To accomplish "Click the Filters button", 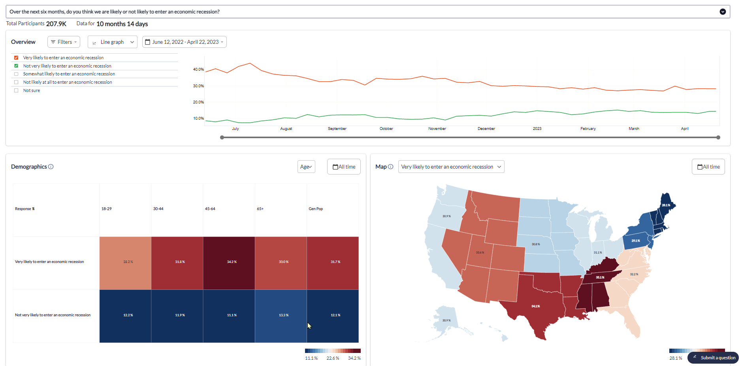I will pyautogui.click(x=64, y=42).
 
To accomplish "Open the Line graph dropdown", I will pyautogui.click(x=113, y=42).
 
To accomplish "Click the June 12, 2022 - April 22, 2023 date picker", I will pyautogui.click(x=185, y=42).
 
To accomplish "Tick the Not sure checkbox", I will pyautogui.click(x=16, y=90).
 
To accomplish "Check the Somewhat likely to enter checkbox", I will pyautogui.click(x=16, y=74).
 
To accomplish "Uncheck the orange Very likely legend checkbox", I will pyautogui.click(x=16, y=58).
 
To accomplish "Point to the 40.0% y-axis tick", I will pyautogui.click(x=198, y=69).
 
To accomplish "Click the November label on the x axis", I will pyautogui.click(x=437, y=129).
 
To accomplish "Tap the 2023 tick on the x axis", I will pyautogui.click(x=537, y=129).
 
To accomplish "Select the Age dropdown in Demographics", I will pyautogui.click(x=306, y=167).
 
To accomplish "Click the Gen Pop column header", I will pyautogui.click(x=316, y=209).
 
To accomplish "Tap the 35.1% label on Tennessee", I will pyautogui.click(x=600, y=278).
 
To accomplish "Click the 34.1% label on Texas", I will pyautogui.click(x=535, y=306).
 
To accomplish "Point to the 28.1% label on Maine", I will pyautogui.click(x=666, y=205).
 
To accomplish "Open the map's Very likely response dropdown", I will pyautogui.click(x=451, y=167).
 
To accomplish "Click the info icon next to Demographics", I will pyautogui.click(x=51, y=167).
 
